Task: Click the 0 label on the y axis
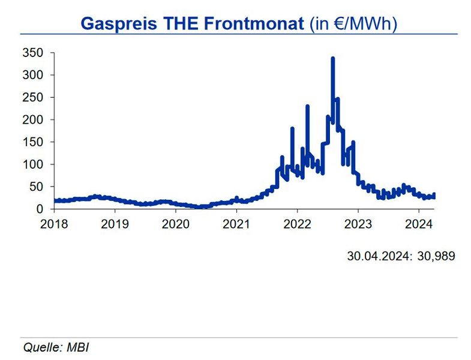40,209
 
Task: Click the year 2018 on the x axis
54,225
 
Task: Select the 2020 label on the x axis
176,225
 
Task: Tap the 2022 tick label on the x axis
297,225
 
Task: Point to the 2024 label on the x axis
419,225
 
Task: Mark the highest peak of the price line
332,59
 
